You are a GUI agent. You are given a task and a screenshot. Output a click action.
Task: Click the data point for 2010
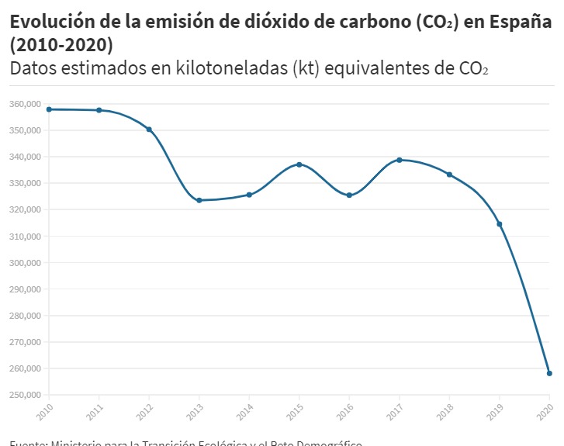point(49,109)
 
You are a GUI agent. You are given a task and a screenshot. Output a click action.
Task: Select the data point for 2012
point(149,130)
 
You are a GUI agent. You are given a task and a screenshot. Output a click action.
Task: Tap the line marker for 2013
point(199,200)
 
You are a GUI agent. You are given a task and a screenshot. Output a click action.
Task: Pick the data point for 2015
point(299,164)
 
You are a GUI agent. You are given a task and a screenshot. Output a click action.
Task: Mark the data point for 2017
point(400,160)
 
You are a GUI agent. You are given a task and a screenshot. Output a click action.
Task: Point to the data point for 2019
point(500,224)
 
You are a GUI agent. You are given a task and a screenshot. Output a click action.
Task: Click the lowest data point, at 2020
point(549,373)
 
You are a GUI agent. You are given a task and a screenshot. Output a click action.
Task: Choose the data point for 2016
point(349,195)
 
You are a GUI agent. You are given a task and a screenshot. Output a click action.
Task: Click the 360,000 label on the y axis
point(25,104)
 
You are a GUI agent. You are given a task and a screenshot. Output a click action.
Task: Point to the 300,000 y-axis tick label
point(25,263)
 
